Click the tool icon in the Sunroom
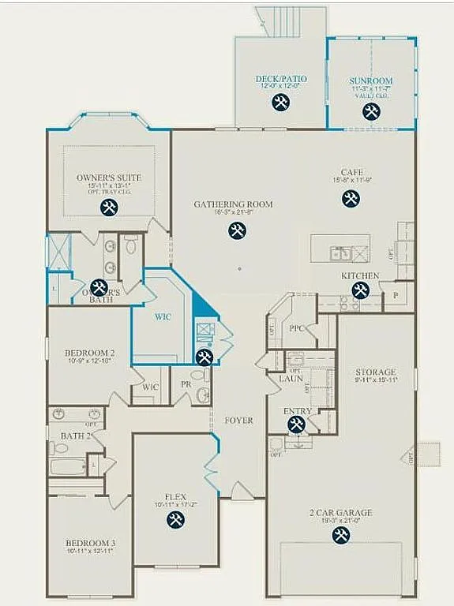pos(371,111)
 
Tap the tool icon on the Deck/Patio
pos(280,102)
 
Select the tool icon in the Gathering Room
pos(236,230)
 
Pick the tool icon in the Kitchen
pos(360,290)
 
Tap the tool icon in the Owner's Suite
pos(110,208)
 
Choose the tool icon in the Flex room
pos(175,519)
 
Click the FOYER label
pos(238,421)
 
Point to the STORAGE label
pos(375,372)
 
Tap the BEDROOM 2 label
pos(90,353)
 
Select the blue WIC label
pos(163,316)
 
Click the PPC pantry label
pos(297,327)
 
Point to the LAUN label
pos(291,379)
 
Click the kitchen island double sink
pos(342,253)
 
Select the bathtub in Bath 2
pos(69,466)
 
